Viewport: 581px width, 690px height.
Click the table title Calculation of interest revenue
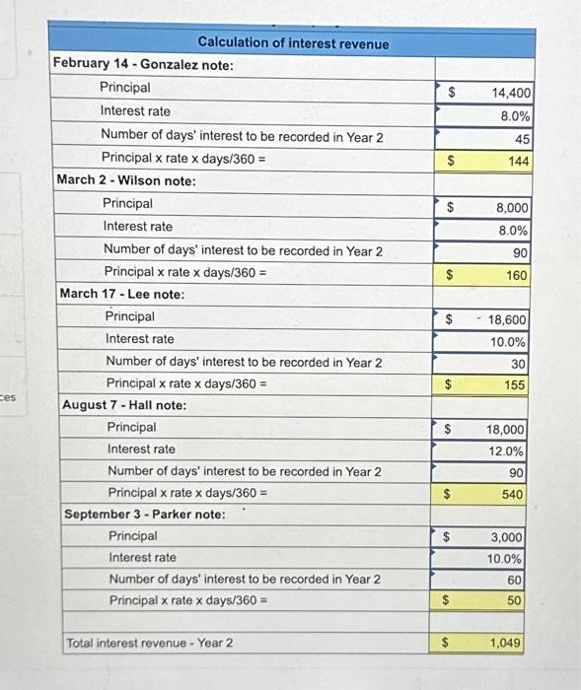[293, 43]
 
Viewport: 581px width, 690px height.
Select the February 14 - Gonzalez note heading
[143, 64]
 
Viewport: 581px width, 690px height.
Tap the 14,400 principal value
[511, 93]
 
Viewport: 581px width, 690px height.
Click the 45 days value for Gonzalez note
[522, 139]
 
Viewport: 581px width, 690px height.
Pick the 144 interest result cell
[518, 161]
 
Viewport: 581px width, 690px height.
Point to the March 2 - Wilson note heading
[125, 180]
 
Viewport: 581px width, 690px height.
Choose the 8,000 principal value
[512, 208]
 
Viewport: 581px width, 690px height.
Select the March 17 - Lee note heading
[122, 294]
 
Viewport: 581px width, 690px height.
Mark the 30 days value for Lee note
[519, 364]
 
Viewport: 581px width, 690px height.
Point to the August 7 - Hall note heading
[124, 405]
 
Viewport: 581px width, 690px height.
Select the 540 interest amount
[513, 494]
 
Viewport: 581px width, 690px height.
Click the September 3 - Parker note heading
[144, 515]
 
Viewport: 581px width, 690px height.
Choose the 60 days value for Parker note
[515, 581]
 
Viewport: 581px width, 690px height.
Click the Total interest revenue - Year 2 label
[150, 644]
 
